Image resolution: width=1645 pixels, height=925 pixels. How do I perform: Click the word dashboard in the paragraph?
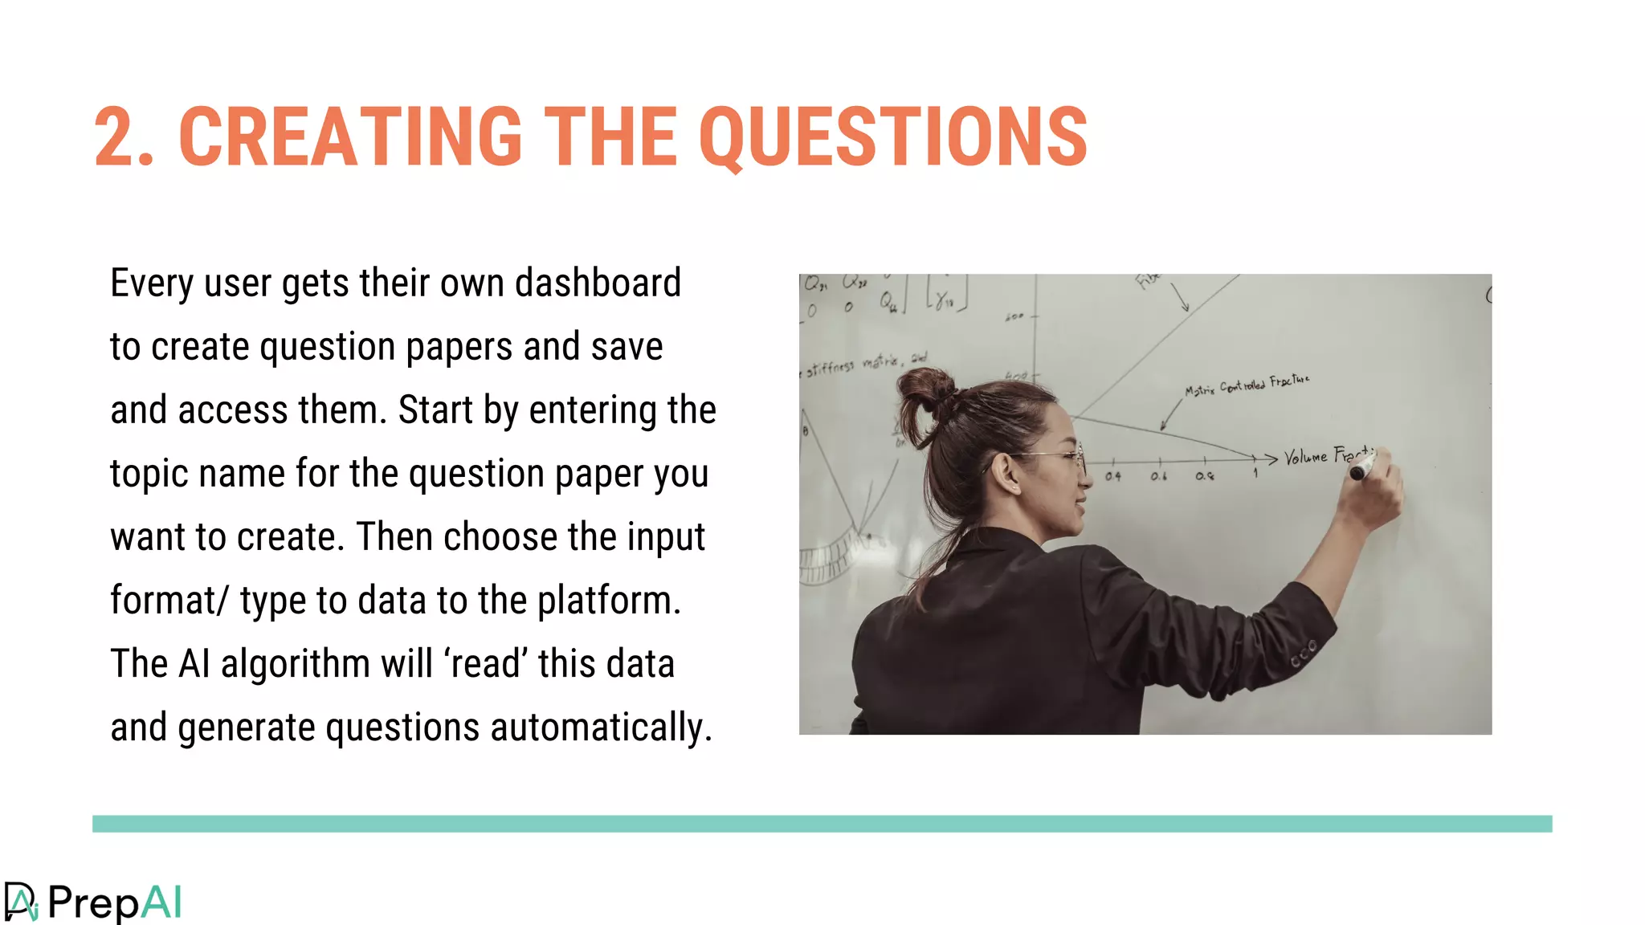598,283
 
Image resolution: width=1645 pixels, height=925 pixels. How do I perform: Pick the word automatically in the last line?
601,727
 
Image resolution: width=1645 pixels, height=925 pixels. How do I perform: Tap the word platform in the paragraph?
608,601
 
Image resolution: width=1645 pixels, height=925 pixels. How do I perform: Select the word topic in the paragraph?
149,475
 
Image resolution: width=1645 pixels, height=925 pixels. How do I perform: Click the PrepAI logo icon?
21,903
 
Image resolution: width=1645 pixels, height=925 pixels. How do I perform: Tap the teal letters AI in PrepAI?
161,903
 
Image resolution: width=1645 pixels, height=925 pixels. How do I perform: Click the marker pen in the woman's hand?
1362,467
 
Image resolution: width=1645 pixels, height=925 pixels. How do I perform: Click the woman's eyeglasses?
1060,458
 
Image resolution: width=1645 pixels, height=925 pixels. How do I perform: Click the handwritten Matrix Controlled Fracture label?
1247,385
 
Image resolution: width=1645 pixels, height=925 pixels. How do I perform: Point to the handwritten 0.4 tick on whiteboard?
1112,476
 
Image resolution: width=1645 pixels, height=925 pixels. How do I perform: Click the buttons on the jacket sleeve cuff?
1304,654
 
